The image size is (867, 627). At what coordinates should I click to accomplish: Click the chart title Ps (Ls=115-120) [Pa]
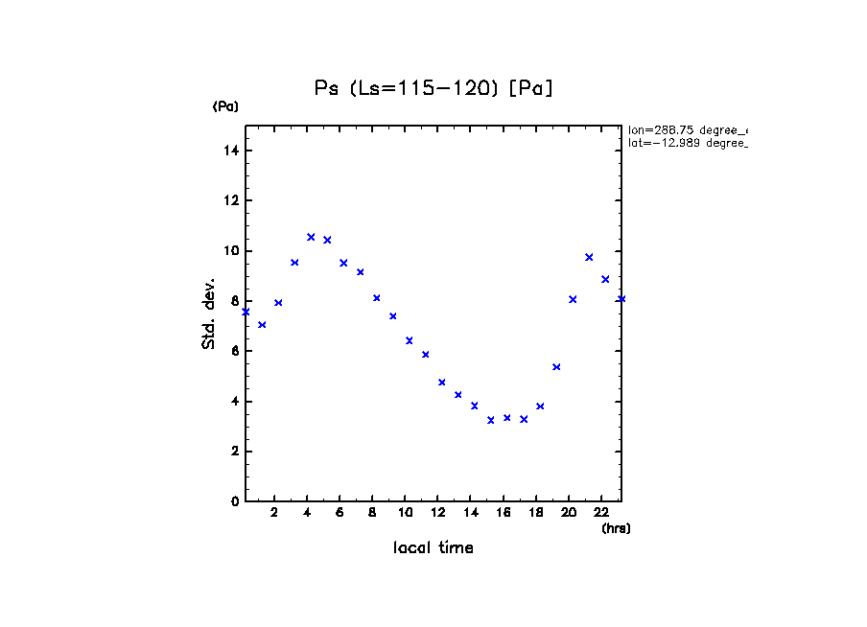434,88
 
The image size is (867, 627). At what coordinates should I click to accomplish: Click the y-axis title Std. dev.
209,313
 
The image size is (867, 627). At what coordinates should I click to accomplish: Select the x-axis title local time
433,548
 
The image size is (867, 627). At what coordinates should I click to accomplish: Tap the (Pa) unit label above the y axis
225,106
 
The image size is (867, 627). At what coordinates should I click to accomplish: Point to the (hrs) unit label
616,528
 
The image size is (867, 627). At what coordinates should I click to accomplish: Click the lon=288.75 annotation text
687,129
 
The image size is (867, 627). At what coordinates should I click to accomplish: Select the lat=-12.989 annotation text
687,143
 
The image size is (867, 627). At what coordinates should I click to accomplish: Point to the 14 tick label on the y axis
231,151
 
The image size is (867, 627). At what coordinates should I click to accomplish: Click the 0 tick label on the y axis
234,500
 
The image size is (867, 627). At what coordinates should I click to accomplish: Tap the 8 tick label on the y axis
234,301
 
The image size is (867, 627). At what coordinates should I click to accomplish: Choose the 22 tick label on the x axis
601,512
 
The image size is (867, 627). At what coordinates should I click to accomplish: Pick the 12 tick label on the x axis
437,512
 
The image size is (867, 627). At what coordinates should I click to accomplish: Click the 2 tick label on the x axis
274,512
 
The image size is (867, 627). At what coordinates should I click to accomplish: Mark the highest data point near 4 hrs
311,237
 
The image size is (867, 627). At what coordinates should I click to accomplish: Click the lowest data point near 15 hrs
491,420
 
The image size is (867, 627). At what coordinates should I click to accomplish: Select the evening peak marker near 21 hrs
589,257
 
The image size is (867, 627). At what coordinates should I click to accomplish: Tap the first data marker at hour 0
246,312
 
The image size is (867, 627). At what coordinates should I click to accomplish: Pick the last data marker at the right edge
621,299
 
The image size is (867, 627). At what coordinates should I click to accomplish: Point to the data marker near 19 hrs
556,367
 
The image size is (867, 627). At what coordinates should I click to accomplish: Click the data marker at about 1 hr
262,325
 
